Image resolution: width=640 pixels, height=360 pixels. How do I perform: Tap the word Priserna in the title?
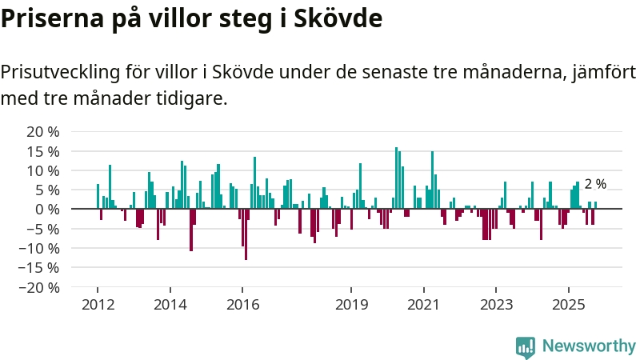coord(50,18)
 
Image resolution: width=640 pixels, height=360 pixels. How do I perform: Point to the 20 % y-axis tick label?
coord(42,131)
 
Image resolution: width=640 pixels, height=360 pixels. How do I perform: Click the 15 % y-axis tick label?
coord(42,151)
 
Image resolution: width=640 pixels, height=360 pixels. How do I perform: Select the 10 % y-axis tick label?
coord(42,170)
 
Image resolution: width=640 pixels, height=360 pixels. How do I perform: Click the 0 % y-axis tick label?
coord(46,210)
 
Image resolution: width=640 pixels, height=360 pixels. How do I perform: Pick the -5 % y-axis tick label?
coord(40,229)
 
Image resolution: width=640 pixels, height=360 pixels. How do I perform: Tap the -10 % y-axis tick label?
coord(37,248)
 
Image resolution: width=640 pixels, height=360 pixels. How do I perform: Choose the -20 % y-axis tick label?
coord(37,287)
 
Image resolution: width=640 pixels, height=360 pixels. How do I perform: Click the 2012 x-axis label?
coord(98,305)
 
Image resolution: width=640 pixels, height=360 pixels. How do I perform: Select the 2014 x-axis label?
coord(170,305)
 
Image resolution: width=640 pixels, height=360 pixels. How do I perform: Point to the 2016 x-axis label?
coord(242,305)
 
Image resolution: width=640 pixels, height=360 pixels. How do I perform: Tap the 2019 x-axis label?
coord(350,305)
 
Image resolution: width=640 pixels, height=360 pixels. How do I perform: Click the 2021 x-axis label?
coord(423,305)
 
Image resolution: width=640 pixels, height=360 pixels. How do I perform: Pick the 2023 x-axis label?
coord(496,305)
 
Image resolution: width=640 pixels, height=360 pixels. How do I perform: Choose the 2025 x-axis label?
coord(568,305)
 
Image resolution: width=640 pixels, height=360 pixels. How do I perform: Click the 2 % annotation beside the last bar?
coord(595,184)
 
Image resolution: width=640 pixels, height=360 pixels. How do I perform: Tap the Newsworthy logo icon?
coord(526,346)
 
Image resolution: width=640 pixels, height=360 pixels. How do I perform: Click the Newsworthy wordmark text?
coord(589,346)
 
